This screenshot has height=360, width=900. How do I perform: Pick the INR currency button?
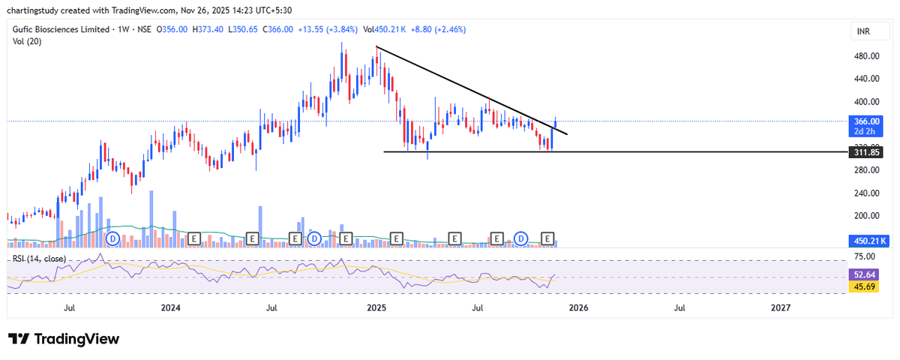click(865, 31)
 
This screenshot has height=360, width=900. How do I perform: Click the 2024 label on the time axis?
click(171, 307)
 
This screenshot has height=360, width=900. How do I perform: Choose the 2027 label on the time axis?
click(781, 307)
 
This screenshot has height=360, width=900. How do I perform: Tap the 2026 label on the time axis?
click(577, 307)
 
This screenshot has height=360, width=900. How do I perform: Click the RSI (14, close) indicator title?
click(39, 259)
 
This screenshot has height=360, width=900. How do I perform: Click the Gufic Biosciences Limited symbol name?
click(60, 29)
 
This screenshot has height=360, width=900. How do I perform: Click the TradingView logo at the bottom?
click(64, 339)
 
